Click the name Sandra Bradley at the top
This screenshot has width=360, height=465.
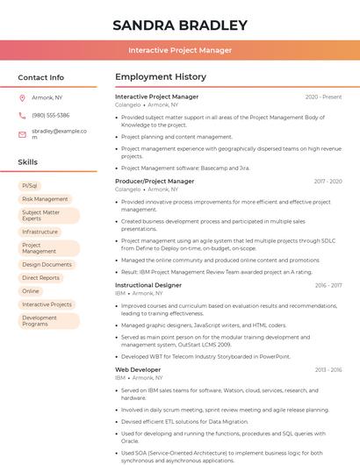(180, 25)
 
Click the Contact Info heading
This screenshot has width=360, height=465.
(41, 77)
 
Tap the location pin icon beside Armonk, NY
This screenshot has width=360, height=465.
(22, 97)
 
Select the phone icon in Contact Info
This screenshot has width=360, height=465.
(22, 115)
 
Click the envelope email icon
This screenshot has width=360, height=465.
(22, 133)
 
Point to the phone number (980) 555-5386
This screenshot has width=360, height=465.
(50, 115)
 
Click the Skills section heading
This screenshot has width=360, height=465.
(28, 162)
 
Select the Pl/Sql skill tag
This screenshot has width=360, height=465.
(30, 186)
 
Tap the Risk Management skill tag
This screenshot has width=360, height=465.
(45, 199)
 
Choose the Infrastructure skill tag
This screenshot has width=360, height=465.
(40, 232)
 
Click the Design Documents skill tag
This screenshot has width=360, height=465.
(47, 264)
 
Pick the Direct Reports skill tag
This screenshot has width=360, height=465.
(40, 277)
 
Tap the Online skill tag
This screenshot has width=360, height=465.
(31, 290)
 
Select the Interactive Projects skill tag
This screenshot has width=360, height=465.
(47, 304)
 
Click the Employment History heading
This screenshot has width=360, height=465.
(161, 77)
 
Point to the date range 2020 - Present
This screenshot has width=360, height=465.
(323, 97)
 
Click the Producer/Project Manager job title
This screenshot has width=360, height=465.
(155, 181)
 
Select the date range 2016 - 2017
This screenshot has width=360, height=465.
(328, 285)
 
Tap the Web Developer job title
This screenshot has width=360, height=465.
(138, 369)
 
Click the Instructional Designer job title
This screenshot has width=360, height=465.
(148, 285)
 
